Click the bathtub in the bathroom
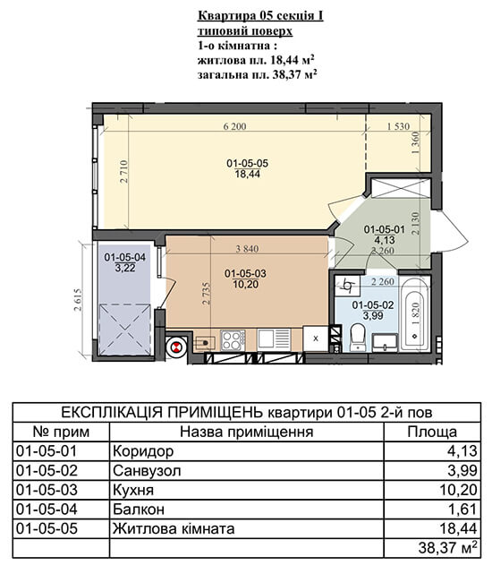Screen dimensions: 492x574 coord(414,314)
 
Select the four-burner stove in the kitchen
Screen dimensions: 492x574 coord(233,340)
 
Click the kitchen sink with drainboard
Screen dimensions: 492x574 coord(275,339)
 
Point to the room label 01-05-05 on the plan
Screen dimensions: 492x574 coord(247,163)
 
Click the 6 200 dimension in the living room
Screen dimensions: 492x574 coord(234,126)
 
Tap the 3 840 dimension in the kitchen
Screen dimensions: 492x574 coord(247,249)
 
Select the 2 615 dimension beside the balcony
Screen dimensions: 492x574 coord(79,299)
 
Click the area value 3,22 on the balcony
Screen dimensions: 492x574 coord(125,269)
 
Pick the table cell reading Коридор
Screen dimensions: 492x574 coord(143,451)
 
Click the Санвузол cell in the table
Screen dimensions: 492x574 coord(147,470)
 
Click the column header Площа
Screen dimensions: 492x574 coord(432,432)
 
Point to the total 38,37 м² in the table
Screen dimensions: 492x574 coord(448,548)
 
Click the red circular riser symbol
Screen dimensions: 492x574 coord(176,347)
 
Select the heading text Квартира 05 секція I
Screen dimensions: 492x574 coord(260,16)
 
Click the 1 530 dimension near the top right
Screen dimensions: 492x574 coord(398,126)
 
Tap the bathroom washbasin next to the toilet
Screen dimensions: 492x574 coord(386,343)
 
